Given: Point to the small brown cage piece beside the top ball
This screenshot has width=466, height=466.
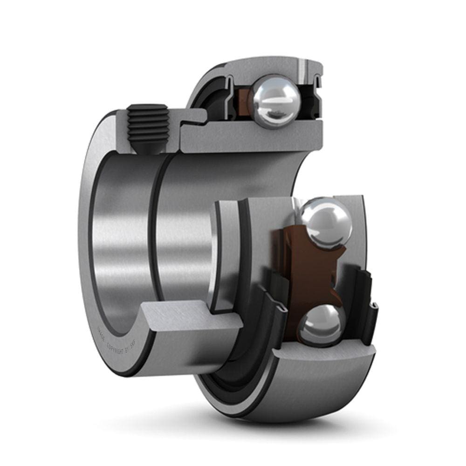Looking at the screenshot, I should (x=243, y=100).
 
